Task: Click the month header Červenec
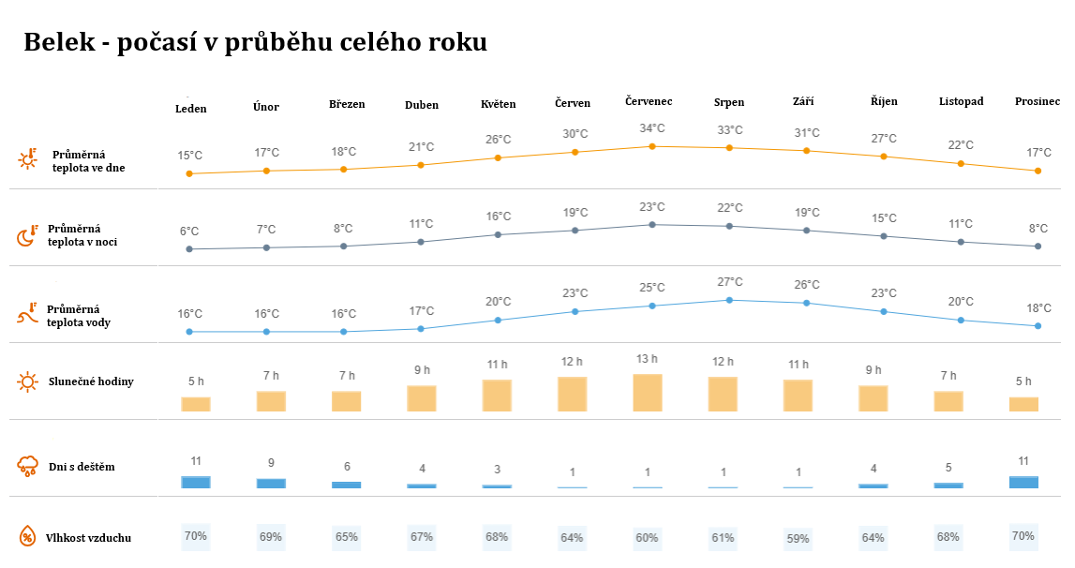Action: tap(649, 101)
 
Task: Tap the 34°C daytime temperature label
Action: tap(652, 128)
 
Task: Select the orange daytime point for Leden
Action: tap(189, 173)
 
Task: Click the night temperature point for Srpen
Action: tap(729, 226)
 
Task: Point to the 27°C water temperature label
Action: tap(730, 282)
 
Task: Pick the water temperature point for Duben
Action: tap(421, 329)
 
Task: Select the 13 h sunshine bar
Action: tap(648, 393)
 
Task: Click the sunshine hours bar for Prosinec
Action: tap(1023, 404)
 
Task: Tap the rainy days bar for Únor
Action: tap(271, 483)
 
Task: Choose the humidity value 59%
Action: tap(799, 538)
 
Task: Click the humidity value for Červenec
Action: tap(647, 538)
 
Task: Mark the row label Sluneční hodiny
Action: tap(91, 381)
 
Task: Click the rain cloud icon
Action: tap(28, 466)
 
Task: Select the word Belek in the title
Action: tap(58, 42)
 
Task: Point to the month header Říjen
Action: tap(884, 101)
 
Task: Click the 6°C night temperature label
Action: tap(189, 232)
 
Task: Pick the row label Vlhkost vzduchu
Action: tap(88, 538)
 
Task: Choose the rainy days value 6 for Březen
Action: tap(346, 467)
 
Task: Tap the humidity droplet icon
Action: tap(28, 537)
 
